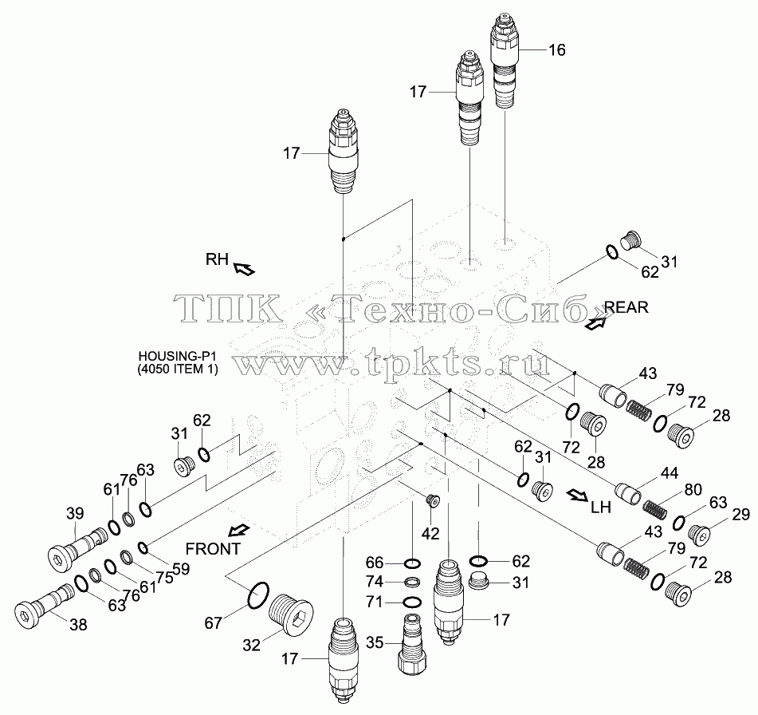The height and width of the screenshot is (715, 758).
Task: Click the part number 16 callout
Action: [557, 49]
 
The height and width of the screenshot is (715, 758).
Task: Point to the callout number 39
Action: [75, 513]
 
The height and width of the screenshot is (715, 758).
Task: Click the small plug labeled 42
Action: [433, 501]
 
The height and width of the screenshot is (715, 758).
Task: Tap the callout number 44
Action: [670, 473]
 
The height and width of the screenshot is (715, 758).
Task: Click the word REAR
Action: [626, 307]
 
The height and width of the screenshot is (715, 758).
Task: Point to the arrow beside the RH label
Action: [244, 269]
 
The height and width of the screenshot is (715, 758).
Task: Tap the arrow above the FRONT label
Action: [239, 530]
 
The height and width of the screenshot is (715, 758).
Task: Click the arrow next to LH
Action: [577, 494]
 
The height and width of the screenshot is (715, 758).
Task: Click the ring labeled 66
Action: [412, 563]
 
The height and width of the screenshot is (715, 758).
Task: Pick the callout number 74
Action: [375, 581]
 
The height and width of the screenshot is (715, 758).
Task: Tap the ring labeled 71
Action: [412, 602]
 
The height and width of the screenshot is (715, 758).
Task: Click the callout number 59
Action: [181, 569]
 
